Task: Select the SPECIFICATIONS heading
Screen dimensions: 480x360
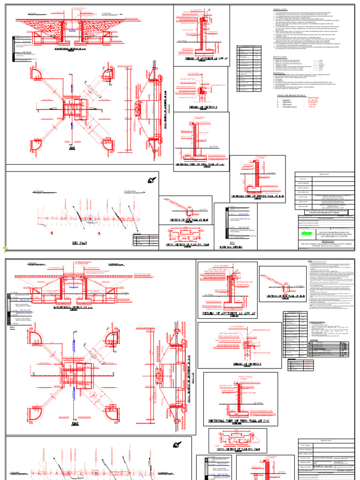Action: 281,58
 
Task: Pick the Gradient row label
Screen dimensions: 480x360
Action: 287,101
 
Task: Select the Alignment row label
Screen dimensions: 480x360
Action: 287,104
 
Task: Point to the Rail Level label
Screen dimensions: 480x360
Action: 288,106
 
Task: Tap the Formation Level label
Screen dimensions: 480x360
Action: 290,109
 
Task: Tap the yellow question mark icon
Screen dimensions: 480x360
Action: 4,249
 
